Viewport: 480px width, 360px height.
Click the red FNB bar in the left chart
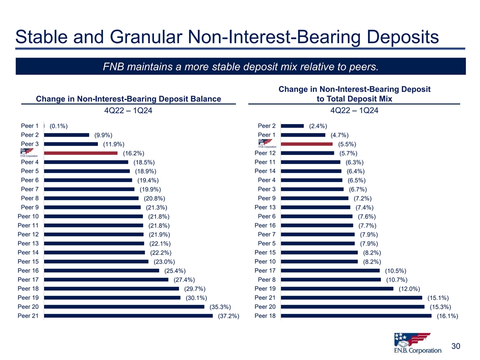point(80,153)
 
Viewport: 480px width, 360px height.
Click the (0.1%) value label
point(59,126)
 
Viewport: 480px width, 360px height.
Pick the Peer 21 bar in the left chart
point(128,315)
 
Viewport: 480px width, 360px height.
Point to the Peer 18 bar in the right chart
point(356,315)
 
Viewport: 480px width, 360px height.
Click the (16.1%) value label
point(447,316)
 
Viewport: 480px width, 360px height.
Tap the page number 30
point(455,346)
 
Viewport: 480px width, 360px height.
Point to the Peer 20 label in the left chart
point(28,306)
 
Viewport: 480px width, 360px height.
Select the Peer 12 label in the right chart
point(265,153)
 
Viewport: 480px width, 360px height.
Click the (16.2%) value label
point(133,153)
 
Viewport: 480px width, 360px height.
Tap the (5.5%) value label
point(347,144)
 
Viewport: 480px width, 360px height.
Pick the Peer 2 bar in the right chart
point(292,126)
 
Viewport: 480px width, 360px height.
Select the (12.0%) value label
point(409,289)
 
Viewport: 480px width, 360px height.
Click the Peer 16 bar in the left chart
point(101,270)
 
